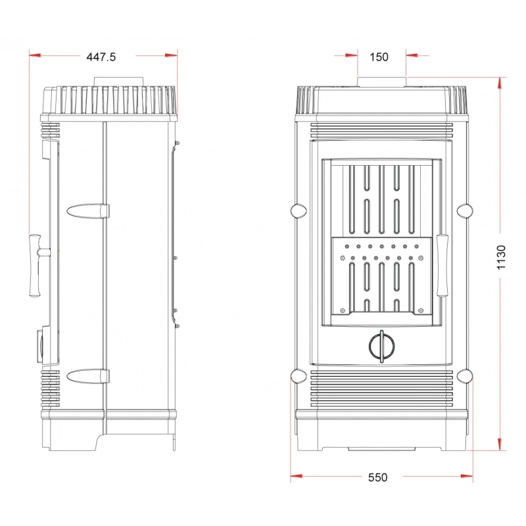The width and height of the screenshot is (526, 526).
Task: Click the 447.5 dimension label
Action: pos(101,57)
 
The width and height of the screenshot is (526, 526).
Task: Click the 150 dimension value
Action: pos(379,57)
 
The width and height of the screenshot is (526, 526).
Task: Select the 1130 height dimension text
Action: pos(501,257)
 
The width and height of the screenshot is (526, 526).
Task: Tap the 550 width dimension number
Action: pos(377,477)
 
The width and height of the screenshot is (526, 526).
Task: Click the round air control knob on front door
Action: pos(381,347)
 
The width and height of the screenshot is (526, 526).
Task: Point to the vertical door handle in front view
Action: pos(442,266)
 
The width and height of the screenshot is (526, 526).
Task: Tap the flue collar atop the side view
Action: pos(119,82)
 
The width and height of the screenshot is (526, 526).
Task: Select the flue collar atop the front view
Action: pos(382,82)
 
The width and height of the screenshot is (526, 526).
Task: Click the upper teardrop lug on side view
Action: pos(88,211)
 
